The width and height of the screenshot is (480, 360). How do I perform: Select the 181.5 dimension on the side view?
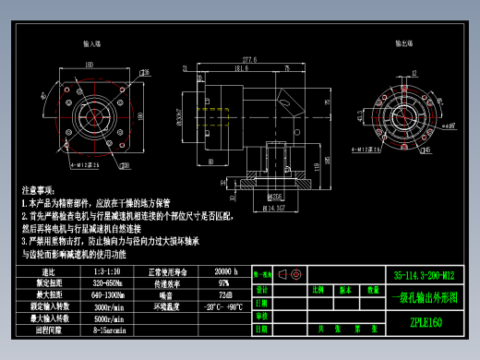pyautogui.click(x=242, y=68)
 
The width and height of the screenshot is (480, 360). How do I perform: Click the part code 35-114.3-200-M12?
pyautogui.click(x=425, y=274)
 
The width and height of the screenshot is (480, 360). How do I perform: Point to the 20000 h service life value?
pyautogui.click(x=226, y=272)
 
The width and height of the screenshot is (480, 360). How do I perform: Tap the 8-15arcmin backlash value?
pyautogui.click(x=110, y=328)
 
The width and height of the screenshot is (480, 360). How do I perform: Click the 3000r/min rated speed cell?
pyautogui.click(x=110, y=305)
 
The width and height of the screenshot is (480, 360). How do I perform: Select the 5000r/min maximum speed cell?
pyautogui.click(x=110, y=317)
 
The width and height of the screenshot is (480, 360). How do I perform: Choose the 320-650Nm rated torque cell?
pyautogui.click(x=110, y=282)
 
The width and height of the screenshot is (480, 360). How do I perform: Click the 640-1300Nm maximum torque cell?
pyautogui.click(x=110, y=294)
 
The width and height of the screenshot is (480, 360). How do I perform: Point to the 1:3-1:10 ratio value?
pyautogui.click(x=110, y=272)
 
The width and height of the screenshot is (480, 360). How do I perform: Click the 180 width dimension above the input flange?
pyautogui.click(x=90, y=65)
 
